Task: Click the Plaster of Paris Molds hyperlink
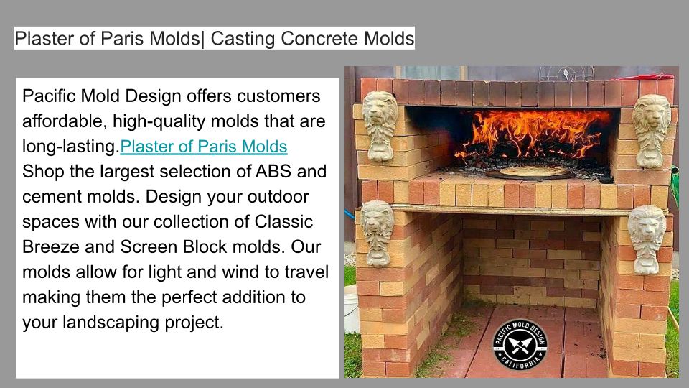pyautogui.click(x=203, y=147)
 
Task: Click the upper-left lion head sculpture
pyautogui.click(x=380, y=125)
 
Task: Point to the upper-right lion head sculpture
pyautogui.click(x=651, y=131)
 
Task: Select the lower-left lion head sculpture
pyautogui.click(x=378, y=233)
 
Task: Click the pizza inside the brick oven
pyautogui.click(x=529, y=171)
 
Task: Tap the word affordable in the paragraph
pyautogui.click(x=64, y=121)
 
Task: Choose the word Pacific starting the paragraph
pyautogui.click(x=50, y=96)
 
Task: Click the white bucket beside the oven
pyautogui.click(x=352, y=308)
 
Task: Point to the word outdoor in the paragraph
pyautogui.click(x=278, y=197)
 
